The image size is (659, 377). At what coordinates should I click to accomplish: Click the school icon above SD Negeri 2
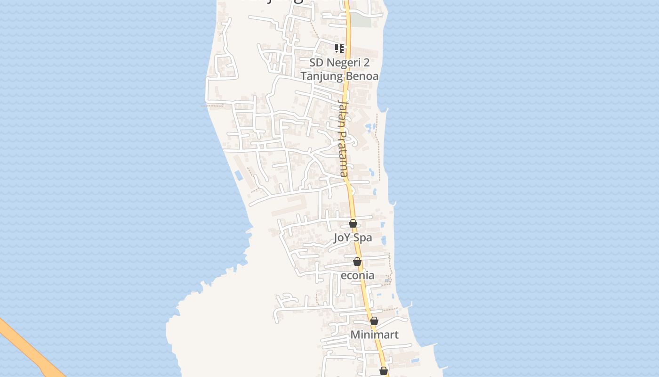[339, 48]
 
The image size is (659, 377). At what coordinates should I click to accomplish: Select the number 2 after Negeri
[366, 63]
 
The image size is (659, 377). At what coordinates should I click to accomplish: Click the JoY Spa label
[353, 238]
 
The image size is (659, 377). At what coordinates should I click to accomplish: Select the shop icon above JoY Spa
[353, 223]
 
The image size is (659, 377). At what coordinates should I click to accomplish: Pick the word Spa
[362, 238]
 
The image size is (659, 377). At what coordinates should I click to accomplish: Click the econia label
[357, 275]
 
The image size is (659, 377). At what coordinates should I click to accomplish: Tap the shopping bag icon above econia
[357, 262]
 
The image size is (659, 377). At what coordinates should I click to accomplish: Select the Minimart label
[374, 335]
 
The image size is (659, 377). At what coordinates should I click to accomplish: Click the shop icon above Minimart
[374, 321]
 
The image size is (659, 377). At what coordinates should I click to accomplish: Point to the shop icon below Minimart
[384, 371]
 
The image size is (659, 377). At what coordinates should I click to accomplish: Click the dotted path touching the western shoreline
[213, 106]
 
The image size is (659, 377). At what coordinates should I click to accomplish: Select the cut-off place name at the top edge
[273, 1]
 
